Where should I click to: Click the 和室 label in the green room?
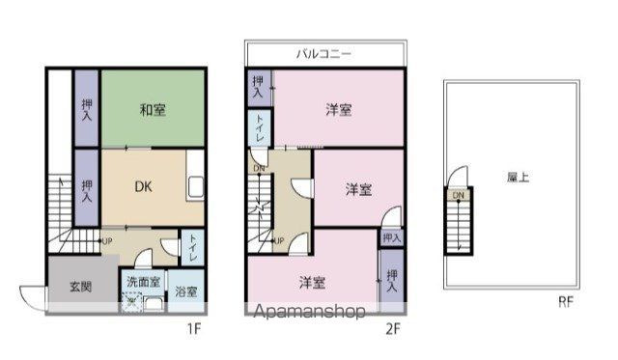click(x=152, y=110)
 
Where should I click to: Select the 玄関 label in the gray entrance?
click(x=80, y=286)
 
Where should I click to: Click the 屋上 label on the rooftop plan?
click(x=517, y=178)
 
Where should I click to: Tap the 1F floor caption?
click(x=194, y=328)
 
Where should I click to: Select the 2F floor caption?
click(x=392, y=328)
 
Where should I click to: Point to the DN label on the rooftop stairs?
click(x=458, y=196)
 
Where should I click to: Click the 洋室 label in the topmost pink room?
click(x=338, y=110)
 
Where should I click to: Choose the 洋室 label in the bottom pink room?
click(x=311, y=283)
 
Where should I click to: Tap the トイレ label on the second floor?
click(x=260, y=129)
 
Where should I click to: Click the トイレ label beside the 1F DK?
click(x=193, y=248)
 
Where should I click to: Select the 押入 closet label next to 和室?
click(x=87, y=108)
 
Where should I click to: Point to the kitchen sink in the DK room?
click(x=194, y=186)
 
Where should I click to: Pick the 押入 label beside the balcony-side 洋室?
click(x=259, y=87)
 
